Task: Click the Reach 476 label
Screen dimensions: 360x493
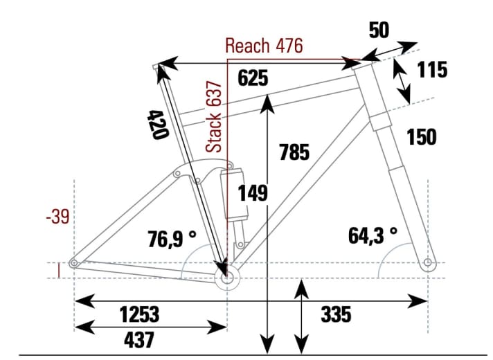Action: [264, 46]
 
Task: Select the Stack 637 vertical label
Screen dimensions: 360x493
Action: [215, 116]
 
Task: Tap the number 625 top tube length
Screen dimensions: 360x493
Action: [253, 78]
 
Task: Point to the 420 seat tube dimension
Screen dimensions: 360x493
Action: [159, 124]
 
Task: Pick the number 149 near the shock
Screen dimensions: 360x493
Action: [253, 193]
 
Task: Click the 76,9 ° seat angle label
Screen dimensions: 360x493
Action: [172, 239]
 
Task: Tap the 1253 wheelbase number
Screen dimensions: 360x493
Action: [138, 315]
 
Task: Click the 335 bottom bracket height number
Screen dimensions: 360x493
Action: [337, 315]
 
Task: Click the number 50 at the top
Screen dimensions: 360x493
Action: [379, 30]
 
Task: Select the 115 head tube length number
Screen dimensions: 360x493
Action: [432, 70]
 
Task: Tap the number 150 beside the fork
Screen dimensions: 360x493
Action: [422, 137]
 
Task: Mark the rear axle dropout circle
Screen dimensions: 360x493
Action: [73, 262]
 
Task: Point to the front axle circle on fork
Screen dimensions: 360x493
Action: [428, 262]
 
